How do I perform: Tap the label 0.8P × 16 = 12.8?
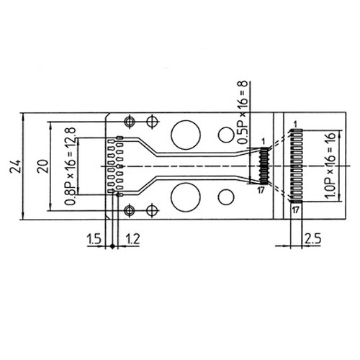(70, 167)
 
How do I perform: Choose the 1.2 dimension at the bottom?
(132, 238)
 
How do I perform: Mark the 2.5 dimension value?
(312, 238)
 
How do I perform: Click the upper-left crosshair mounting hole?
(130, 121)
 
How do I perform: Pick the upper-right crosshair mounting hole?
(151, 121)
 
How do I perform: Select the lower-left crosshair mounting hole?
(130, 210)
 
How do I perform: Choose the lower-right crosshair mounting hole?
(151, 210)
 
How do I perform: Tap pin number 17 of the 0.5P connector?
(261, 190)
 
